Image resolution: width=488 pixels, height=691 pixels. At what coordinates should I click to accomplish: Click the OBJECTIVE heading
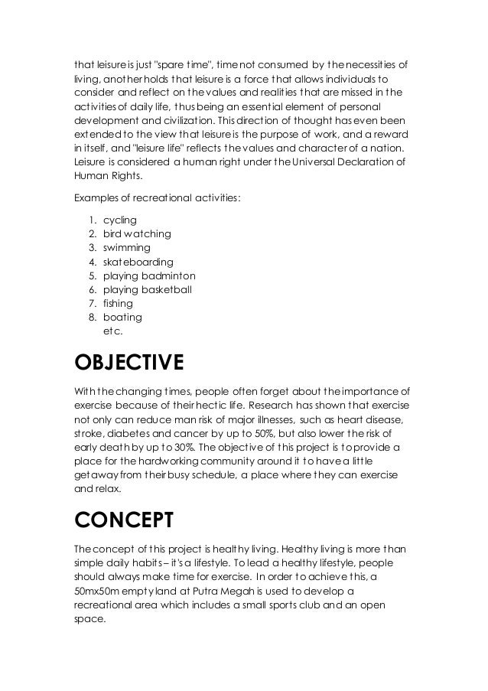click(128, 362)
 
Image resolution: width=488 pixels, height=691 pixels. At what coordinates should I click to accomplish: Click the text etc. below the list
click(112, 331)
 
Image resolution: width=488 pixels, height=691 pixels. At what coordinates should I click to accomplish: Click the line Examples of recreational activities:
click(157, 198)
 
